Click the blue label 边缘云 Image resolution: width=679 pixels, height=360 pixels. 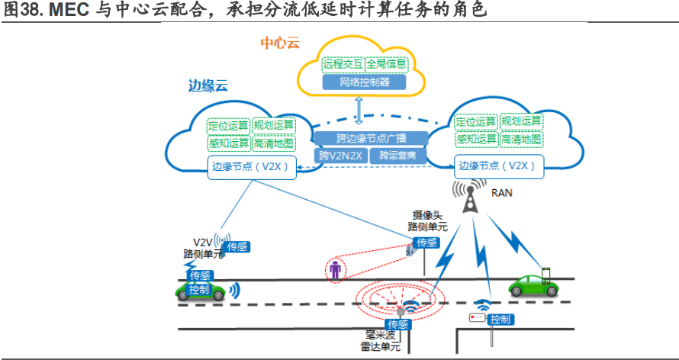click(208, 85)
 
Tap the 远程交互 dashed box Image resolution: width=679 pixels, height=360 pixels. click(343, 63)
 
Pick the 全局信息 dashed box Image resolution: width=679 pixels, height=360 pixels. click(386, 63)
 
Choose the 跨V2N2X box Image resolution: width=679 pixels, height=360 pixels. click(341, 156)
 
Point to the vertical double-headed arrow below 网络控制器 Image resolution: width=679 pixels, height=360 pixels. click(359, 110)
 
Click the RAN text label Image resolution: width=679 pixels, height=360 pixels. click(501, 193)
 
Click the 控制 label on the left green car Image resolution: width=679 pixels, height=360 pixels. click(199, 290)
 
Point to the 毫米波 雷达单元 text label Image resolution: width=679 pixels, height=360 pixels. click(380, 341)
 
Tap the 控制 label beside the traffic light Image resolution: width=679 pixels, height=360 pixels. click(500, 319)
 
